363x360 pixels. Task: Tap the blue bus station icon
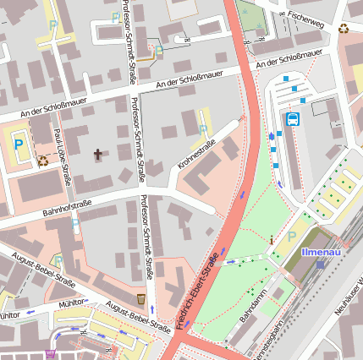[x=293, y=118]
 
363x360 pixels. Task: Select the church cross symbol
[x=98, y=155]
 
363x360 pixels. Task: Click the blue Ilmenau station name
[x=322, y=252]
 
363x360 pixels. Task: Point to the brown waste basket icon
[x=140, y=299]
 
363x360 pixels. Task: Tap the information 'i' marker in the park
[x=271, y=241]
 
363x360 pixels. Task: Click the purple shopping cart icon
[x=52, y=354]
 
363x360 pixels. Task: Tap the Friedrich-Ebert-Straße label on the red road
[x=201, y=287]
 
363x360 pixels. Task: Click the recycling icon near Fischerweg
[x=344, y=28]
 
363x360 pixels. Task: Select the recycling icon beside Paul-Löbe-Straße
[x=42, y=160]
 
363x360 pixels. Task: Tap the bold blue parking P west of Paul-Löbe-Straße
[x=18, y=145]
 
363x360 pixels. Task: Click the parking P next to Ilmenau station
[x=293, y=238]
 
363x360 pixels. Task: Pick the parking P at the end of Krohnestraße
[x=202, y=130]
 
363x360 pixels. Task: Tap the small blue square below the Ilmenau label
[x=320, y=264]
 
